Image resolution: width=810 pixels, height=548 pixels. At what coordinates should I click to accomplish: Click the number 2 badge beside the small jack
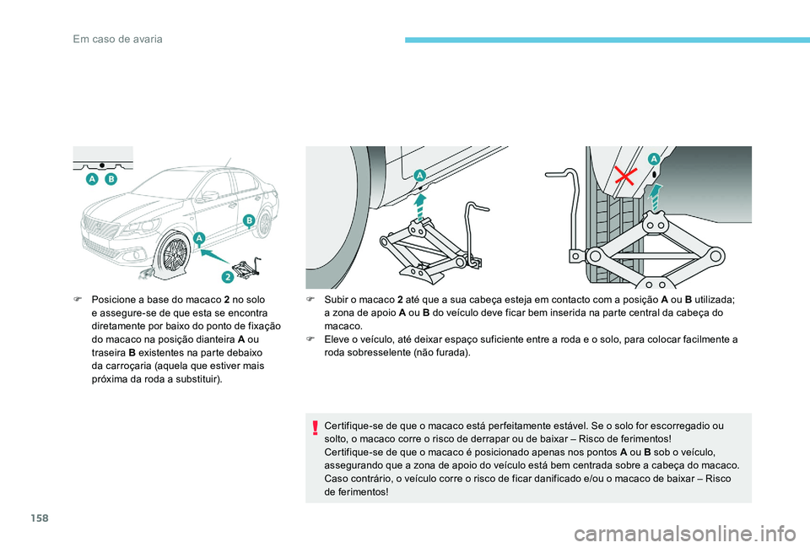point(228,277)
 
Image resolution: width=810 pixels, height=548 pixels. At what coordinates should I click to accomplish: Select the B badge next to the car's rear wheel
point(250,220)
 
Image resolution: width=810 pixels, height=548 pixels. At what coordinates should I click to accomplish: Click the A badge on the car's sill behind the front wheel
point(199,239)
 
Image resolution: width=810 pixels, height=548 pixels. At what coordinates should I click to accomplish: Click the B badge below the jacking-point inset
point(111,180)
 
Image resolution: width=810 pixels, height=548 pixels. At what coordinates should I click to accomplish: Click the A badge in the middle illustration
point(419,173)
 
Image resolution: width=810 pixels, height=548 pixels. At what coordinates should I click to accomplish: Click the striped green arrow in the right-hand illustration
point(656,195)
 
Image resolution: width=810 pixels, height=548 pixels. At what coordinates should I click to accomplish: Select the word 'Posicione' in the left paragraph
point(112,300)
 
